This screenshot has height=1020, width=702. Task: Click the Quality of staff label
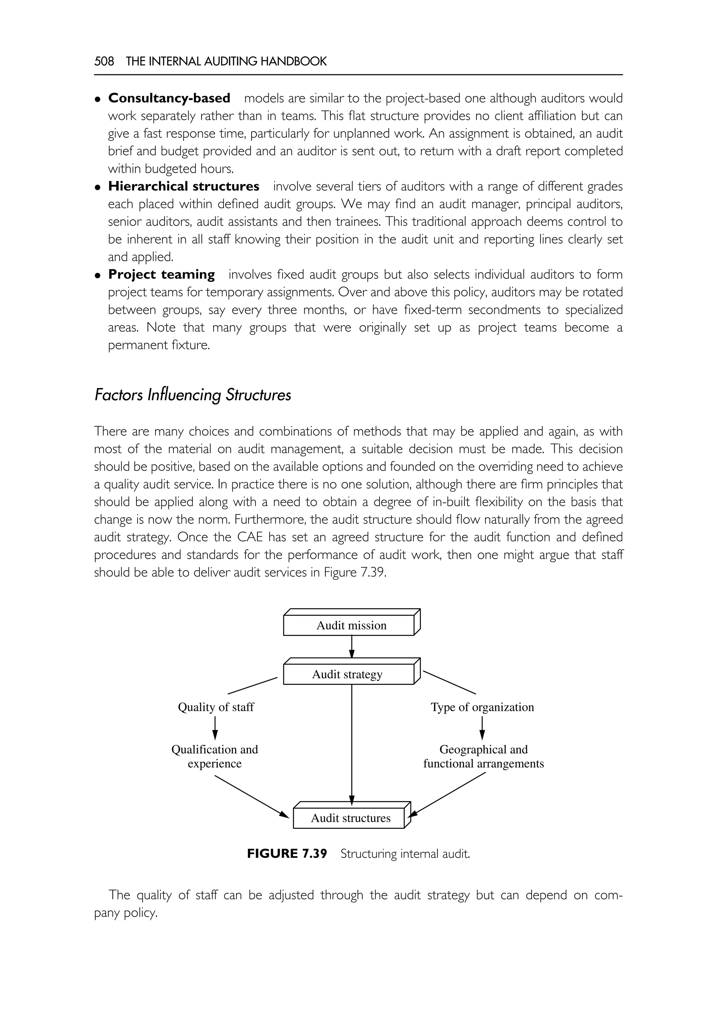[216, 707]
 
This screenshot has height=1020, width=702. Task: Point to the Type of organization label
[482, 707]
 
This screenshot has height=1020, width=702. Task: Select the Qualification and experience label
[215, 756]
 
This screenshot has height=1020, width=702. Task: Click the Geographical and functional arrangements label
[483, 756]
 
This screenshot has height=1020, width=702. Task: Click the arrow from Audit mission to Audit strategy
[352, 646]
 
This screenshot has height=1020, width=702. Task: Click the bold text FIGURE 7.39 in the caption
[287, 854]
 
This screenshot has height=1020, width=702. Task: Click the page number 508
[104, 61]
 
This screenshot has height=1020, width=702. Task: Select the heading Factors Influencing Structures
[192, 395]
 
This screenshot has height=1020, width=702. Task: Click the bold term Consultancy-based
[169, 98]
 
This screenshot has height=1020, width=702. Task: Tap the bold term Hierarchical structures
[183, 186]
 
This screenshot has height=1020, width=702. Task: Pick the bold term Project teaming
[161, 275]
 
